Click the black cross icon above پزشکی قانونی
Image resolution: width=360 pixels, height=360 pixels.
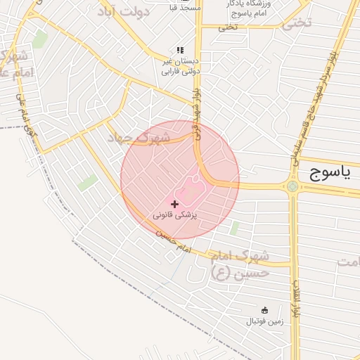point(174,203)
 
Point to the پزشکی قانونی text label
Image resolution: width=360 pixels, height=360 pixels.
point(175,215)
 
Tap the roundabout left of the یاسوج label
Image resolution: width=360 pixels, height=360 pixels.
point(292,186)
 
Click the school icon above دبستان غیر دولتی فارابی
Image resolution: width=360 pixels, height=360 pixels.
point(180,51)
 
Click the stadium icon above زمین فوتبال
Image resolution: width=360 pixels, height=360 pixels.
point(265,310)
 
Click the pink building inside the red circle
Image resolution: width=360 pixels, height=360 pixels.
point(188,190)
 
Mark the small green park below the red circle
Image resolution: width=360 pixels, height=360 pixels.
point(235,227)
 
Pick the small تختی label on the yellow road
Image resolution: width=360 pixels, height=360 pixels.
point(228,27)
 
